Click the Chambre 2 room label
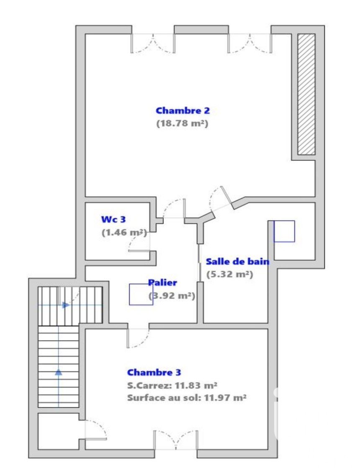pos(183,110)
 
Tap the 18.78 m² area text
pos(182,123)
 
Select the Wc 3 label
pos(113,219)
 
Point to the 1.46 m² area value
pos(124,233)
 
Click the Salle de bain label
pos(238,261)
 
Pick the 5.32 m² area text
pos(230,274)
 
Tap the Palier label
pos(162,283)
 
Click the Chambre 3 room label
pos(154,372)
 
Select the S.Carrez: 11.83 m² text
pos(172,385)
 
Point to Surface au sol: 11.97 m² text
pos(187,397)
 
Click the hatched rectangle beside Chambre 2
pos(306,94)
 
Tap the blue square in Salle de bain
pos(284,231)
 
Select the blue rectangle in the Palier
pos(141,294)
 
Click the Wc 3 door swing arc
pos(134,241)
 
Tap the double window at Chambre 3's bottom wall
pos(176,440)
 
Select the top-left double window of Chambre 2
pos(153,44)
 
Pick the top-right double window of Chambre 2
pos(250,44)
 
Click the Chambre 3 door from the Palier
pos(138,338)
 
